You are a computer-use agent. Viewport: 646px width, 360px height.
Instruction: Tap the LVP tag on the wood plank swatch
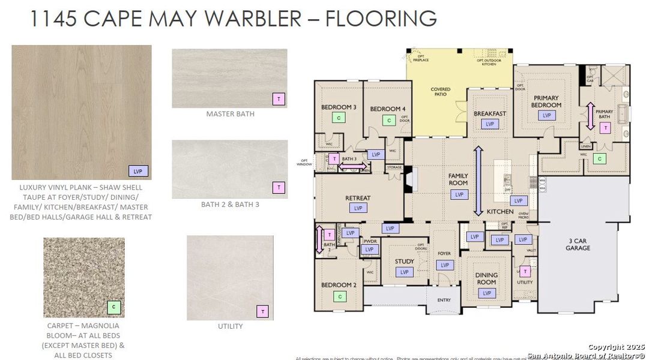click(138, 171)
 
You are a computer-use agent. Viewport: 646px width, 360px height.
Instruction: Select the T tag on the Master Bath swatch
click(279, 99)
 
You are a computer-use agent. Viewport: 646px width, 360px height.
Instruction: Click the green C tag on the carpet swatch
click(113, 307)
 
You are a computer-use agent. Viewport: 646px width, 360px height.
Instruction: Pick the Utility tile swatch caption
click(230, 326)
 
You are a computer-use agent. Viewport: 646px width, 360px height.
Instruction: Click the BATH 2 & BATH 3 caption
click(230, 205)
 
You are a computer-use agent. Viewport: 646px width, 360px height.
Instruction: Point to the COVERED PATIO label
click(440, 92)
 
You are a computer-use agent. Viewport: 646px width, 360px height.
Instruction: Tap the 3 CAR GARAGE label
click(578, 244)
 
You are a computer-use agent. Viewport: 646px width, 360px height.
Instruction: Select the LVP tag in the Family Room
click(459, 194)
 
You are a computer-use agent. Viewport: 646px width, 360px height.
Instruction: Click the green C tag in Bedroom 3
click(339, 118)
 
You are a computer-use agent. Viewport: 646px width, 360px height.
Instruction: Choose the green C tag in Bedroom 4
click(388, 121)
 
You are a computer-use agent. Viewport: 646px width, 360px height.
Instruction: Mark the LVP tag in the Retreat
click(359, 208)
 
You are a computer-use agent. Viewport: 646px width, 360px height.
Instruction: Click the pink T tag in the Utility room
click(525, 271)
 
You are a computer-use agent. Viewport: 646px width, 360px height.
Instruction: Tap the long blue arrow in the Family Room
click(478, 181)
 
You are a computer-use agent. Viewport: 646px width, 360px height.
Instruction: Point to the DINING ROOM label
click(486, 278)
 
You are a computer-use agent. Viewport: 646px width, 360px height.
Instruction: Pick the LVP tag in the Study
click(404, 272)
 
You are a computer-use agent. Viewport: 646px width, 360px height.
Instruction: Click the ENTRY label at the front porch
click(444, 300)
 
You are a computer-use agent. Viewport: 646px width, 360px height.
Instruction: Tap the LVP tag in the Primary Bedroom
click(546, 116)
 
